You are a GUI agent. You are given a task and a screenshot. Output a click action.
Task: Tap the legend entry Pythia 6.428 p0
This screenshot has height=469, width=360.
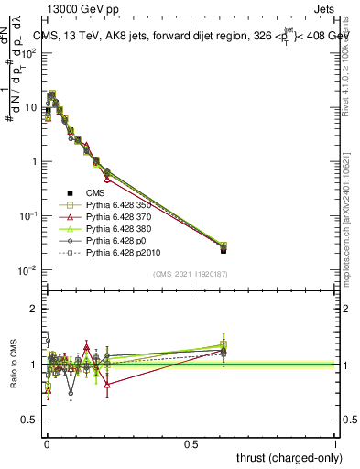click(x=120, y=250)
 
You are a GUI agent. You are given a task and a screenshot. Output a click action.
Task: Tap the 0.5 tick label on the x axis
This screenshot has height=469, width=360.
click(x=191, y=442)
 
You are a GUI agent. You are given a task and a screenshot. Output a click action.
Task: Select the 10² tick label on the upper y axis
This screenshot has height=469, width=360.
click(x=28, y=52)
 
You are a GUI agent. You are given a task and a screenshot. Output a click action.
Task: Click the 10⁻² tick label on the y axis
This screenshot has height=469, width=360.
click(x=27, y=269)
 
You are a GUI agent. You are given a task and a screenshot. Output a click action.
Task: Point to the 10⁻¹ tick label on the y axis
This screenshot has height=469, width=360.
click(x=27, y=215)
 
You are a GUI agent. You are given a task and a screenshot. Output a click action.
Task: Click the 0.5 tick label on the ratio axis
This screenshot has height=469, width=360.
click(x=29, y=420)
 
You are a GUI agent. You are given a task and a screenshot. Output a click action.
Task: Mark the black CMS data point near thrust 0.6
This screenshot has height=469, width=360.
click(x=224, y=249)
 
